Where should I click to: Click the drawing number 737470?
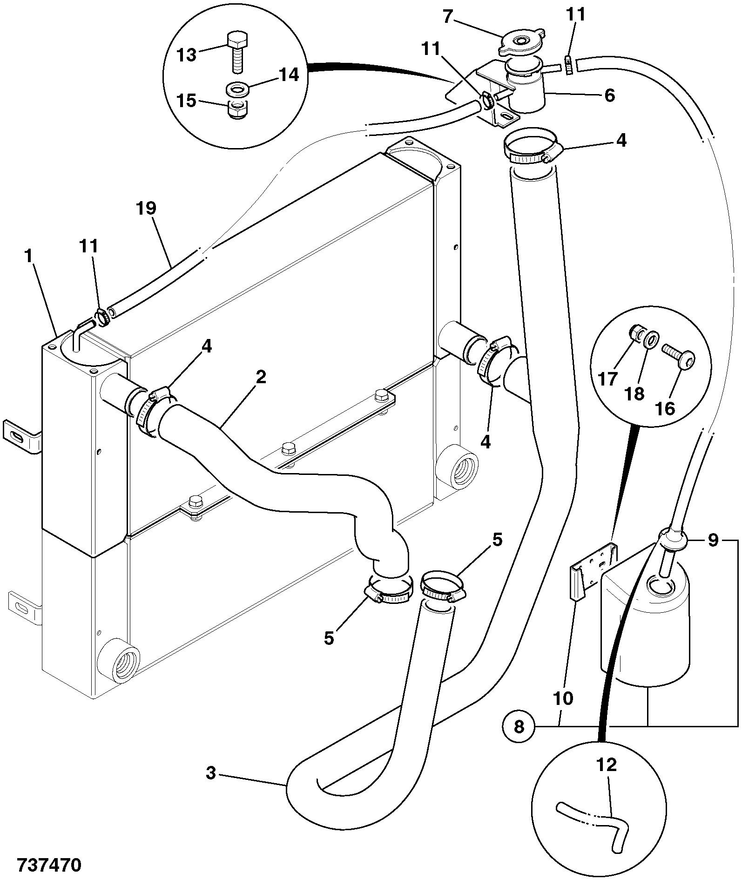[x=49, y=865]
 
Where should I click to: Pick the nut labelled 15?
[x=237, y=109]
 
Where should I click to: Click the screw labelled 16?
[x=680, y=360]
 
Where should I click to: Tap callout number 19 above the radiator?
[x=146, y=208]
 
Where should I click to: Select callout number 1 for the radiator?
[x=30, y=256]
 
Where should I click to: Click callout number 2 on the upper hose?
[x=261, y=377]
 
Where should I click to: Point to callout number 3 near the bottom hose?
[x=211, y=773]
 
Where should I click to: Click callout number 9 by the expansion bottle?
[x=713, y=541]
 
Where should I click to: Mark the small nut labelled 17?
[x=636, y=333]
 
